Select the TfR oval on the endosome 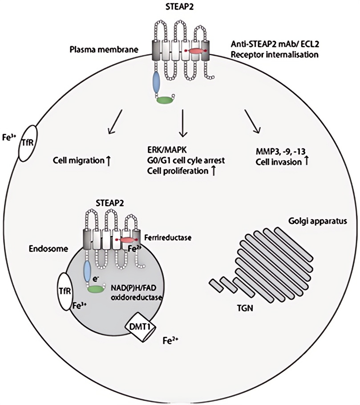coord(65,292)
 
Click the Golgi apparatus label coord(318,221)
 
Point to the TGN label coord(245,308)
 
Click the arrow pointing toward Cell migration coord(115,122)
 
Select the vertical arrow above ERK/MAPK coord(182,123)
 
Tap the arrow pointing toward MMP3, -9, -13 coord(252,122)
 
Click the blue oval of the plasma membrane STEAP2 coord(157,83)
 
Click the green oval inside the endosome coord(96,289)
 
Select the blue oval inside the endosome coord(87,271)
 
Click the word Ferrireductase coord(168,237)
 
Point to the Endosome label coord(49,249)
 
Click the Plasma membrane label coord(104,49)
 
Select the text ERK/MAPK coord(167,150)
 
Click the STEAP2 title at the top coord(179,7)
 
